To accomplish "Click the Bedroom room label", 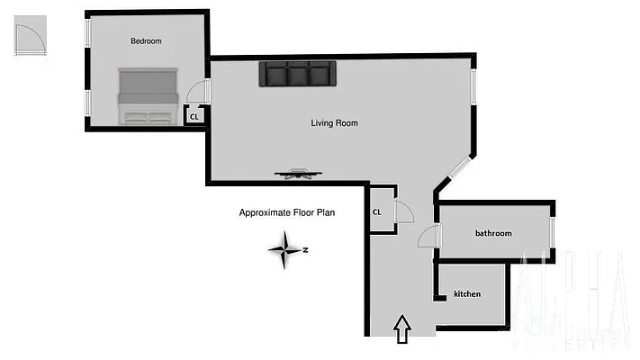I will tap(146, 40).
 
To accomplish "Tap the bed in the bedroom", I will tap(148, 95).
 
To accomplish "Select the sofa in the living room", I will tap(297, 74).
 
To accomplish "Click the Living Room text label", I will tap(334, 123).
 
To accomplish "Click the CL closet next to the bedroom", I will tap(194, 115).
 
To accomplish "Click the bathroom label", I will tap(493, 233).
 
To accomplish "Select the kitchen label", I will tap(466, 294).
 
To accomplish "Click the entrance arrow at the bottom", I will tap(402, 328).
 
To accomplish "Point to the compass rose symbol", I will tap(285, 250).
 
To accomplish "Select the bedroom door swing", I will tap(199, 91).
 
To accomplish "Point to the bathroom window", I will tap(552, 233).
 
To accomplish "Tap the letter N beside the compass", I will tap(306, 250).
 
